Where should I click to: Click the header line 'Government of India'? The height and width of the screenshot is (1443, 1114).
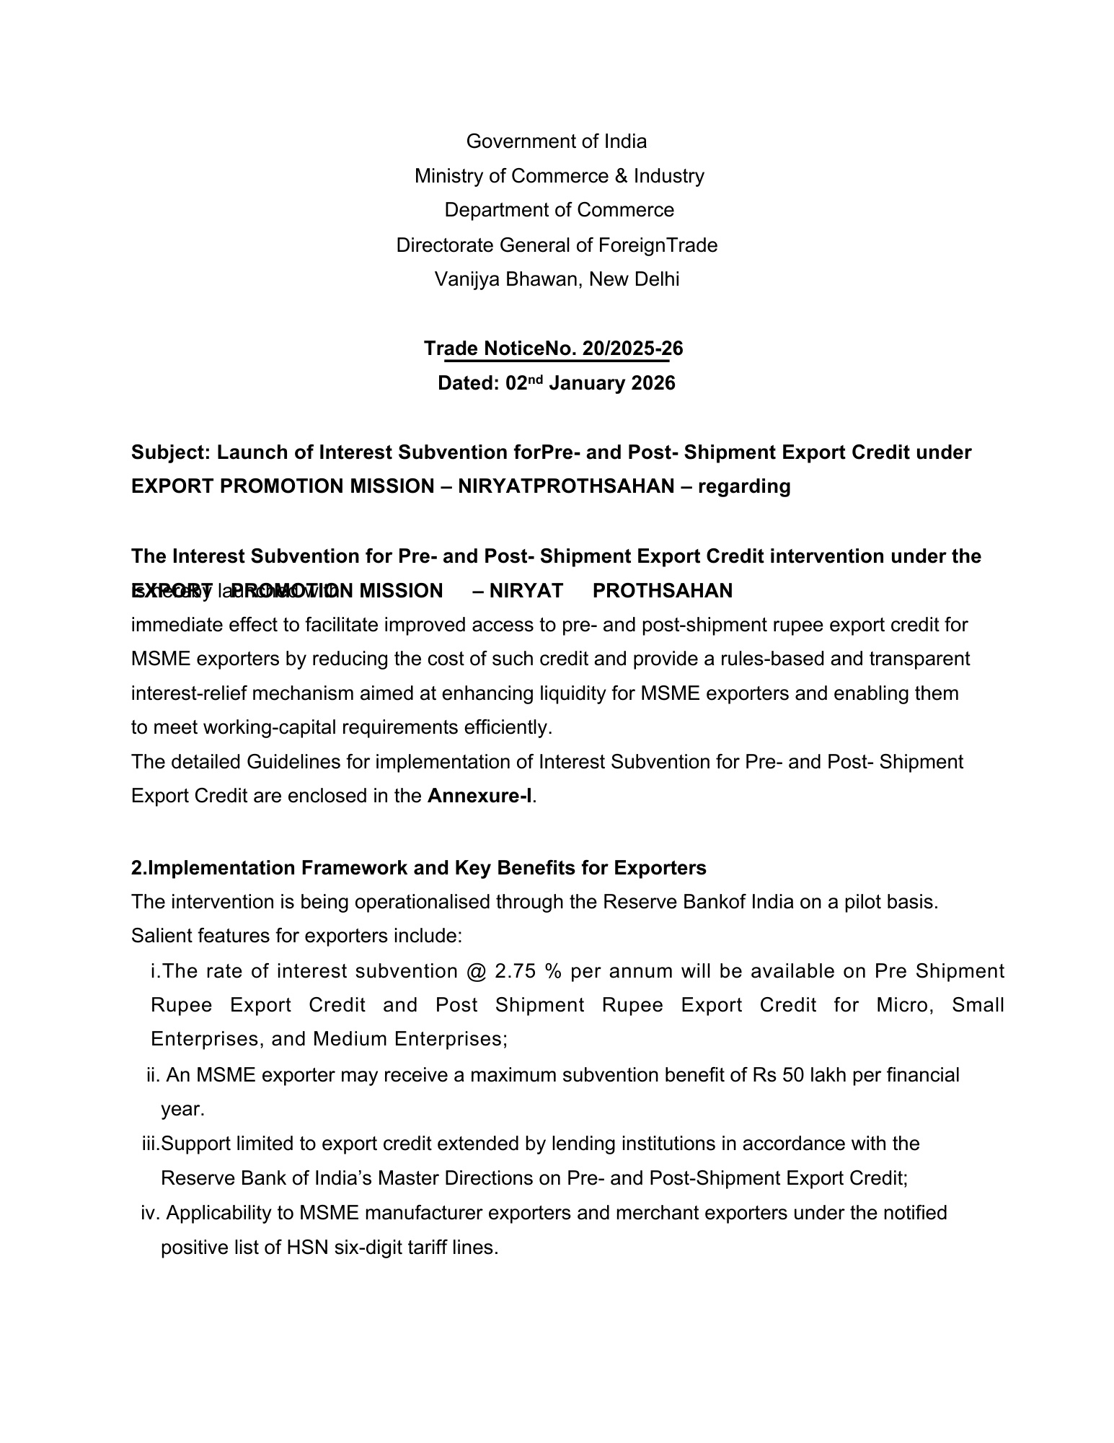[556, 141]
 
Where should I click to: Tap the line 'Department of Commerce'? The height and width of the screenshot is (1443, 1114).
[559, 210]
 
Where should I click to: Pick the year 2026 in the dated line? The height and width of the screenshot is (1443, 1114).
[653, 383]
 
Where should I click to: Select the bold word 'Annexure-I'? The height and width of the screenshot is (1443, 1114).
[479, 796]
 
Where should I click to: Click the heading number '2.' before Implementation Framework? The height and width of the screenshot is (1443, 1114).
[138, 867]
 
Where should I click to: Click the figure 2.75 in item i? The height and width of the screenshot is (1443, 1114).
[515, 971]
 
